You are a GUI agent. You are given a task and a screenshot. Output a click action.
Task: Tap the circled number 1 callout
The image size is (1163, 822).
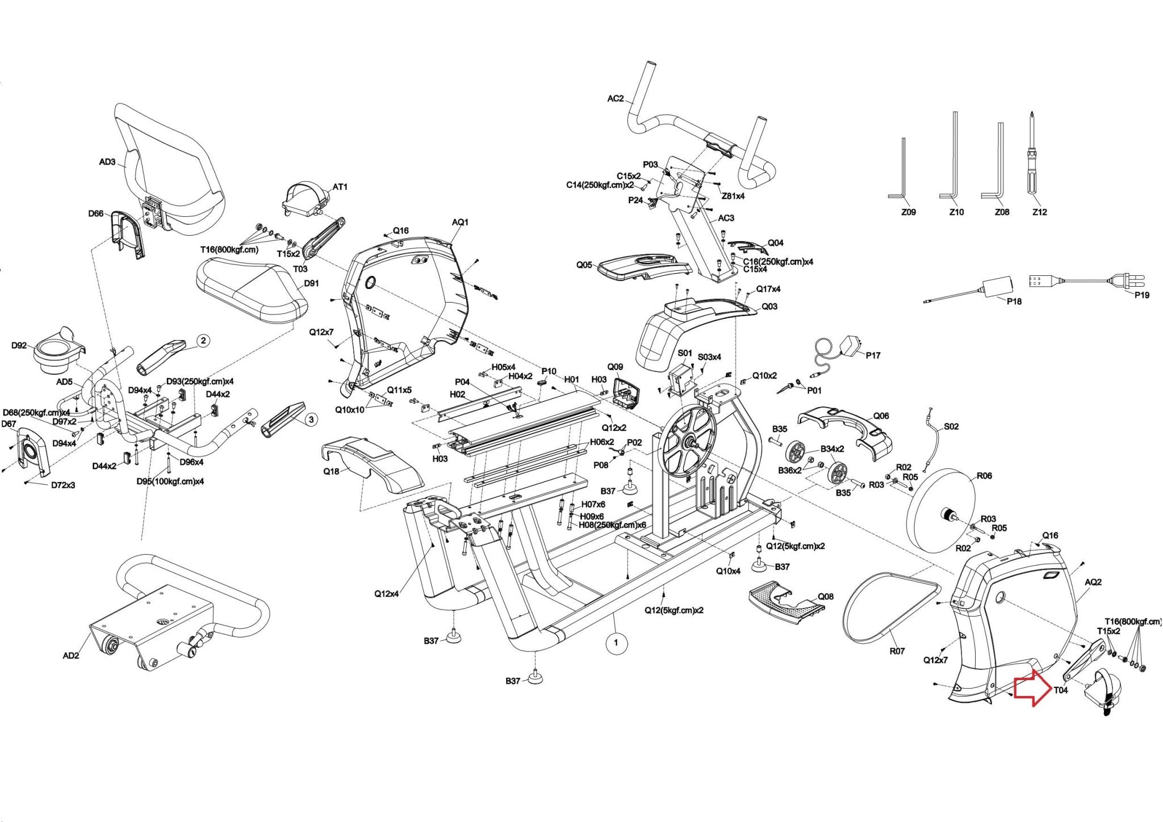click(x=616, y=643)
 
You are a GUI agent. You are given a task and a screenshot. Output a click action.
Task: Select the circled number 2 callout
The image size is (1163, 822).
click(x=203, y=341)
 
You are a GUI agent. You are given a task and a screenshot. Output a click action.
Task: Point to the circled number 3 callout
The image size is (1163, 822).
click(x=311, y=420)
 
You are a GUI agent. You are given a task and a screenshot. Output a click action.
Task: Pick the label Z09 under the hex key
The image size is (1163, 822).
click(x=908, y=212)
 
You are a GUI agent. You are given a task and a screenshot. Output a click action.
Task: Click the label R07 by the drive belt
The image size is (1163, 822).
click(x=897, y=651)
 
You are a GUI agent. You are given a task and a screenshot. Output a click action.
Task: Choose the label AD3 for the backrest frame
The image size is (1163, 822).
click(x=107, y=162)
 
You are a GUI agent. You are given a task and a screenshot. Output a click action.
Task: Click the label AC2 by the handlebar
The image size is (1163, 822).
click(x=615, y=98)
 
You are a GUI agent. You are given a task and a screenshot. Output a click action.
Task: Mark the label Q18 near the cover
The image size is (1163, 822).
click(x=332, y=471)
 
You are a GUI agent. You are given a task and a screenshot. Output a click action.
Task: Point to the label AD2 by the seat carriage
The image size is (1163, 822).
click(x=70, y=656)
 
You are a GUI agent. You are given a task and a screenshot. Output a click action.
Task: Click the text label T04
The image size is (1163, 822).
click(x=1061, y=690)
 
